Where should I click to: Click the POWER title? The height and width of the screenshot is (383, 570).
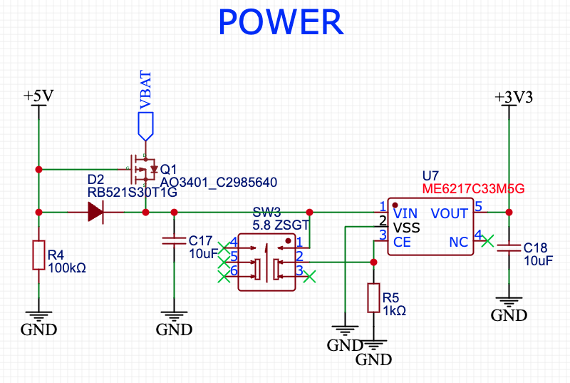[x=281, y=22]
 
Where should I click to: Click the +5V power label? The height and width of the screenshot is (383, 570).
[x=38, y=96]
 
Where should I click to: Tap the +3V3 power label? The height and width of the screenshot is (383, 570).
[x=514, y=97]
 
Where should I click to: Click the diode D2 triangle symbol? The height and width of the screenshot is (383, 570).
[x=95, y=212]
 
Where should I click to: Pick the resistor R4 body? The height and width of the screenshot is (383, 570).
[x=39, y=255]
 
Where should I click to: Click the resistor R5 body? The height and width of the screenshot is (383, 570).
[x=373, y=298]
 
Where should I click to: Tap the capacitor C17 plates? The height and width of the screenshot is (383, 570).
[x=174, y=240]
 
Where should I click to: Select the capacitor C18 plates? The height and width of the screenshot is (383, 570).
[x=509, y=247]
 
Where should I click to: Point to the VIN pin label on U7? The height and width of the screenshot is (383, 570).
[x=405, y=213]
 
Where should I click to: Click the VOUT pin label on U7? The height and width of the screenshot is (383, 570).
[x=450, y=213]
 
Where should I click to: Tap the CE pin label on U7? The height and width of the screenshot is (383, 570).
[x=402, y=242]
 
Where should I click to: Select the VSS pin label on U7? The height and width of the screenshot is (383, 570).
[x=406, y=228]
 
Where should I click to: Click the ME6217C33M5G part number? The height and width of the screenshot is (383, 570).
[x=473, y=189]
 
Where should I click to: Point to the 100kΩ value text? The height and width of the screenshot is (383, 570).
[x=67, y=268]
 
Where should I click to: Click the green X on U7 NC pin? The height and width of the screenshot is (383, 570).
[x=487, y=241]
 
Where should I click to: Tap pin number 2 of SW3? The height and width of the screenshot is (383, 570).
[x=299, y=256]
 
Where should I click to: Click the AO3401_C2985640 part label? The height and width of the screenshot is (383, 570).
[x=219, y=182]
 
